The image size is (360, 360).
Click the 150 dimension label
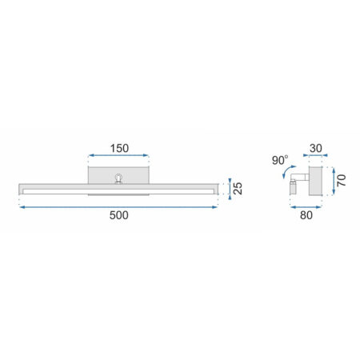coord(119,148)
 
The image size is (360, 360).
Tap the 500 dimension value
coord(119,215)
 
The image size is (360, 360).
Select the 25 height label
coord(238,188)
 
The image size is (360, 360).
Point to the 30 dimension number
coord(316,148)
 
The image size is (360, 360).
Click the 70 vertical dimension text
coord(342,181)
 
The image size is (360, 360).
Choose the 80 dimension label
coord(306,215)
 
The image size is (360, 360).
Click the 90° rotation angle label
coord(280,160)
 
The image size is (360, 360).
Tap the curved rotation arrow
coord(288,170)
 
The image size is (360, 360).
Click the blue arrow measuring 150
coord(118,155)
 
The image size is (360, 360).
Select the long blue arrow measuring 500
coord(118,207)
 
